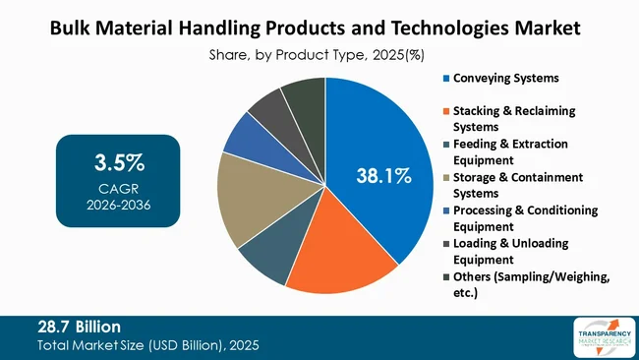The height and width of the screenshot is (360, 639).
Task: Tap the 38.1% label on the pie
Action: pos(383,177)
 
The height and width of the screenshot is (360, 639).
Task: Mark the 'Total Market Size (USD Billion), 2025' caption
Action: pos(148,346)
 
